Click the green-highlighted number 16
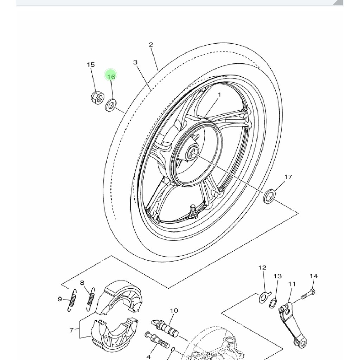[111, 76]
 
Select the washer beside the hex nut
[111, 105]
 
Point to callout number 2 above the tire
[151, 45]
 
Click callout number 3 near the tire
[135, 62]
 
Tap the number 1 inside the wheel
[219, 95]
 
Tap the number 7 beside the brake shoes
[71, 330]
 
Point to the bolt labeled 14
[308, 294]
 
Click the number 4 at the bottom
[149, 357]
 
